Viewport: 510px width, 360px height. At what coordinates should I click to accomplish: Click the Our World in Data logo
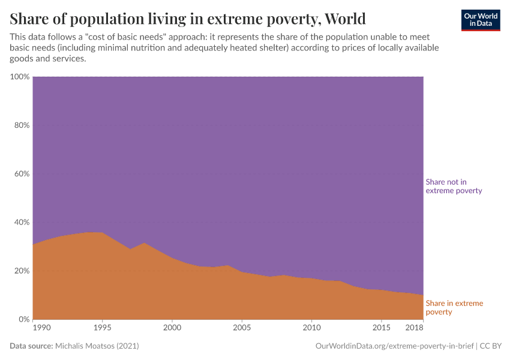pos(481,20)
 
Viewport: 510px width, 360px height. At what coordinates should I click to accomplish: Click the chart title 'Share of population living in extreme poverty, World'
pos(188,19)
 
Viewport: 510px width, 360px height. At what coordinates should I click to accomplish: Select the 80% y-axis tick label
pos(22,125)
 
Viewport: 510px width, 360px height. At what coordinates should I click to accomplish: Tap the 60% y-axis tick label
pos(22,174)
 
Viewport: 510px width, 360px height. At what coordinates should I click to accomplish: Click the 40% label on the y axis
pos(22,222)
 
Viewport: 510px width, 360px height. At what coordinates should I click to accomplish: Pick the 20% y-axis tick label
pos(22,271)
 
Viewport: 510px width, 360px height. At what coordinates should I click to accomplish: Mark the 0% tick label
pos(24,319)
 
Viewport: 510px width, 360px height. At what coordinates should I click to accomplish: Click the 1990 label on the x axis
pos(43,328)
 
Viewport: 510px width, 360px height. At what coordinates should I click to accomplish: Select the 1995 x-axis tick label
pos(103,328)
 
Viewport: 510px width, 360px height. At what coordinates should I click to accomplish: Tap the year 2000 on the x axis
pos(172,328)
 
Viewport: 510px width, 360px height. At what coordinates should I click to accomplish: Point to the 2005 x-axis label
pos(242,328)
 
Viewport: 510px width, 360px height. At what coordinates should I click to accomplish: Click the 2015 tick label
pos(381,328)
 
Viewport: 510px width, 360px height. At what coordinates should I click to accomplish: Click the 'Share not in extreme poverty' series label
pos(454,186)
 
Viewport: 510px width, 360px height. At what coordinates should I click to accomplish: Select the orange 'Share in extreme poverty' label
pos(454,307)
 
